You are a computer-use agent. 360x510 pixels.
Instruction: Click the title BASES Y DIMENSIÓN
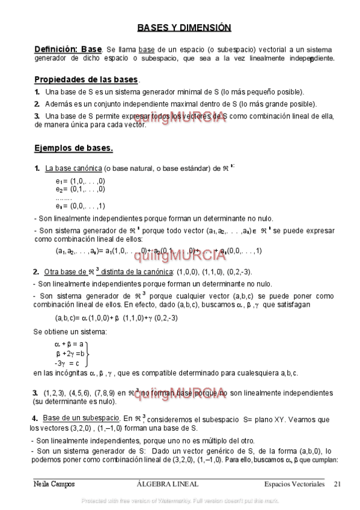pos(183,28)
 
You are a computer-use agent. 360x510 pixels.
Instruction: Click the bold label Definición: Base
pos(68,49)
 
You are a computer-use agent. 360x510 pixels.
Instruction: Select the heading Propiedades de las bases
pos(86,79)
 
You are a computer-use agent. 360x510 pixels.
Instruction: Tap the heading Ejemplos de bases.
pos(73,148)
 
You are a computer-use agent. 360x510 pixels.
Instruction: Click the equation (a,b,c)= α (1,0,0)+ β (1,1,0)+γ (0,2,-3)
pos(116,318)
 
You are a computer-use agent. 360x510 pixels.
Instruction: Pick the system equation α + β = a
pos(68,344)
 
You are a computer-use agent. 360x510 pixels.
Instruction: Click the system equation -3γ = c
pos(66,363)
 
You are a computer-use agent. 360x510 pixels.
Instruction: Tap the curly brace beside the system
pos(88,354)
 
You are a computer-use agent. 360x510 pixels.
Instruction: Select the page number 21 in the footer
pos(337,484)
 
